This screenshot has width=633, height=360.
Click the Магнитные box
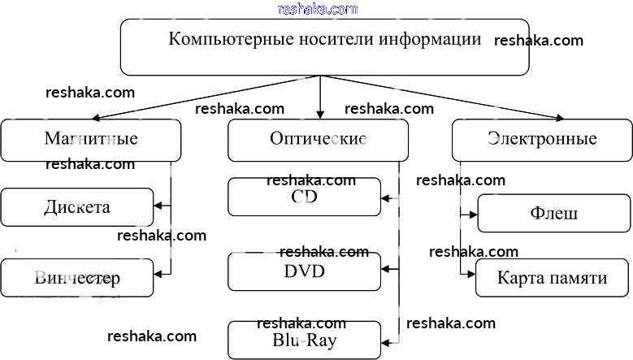click(90, 139)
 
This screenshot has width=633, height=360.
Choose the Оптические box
click(317, 139)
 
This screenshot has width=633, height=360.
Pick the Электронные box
click(542, 139)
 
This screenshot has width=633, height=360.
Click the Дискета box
click(76, 207)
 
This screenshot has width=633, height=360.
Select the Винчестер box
click(76, 278)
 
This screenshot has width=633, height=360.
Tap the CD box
click(304, 197)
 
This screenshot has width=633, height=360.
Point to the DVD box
click(304, 271)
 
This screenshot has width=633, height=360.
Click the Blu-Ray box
click(304, 340)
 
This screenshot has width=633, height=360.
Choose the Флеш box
click(553, 214)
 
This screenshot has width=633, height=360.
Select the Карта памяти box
click(553, 278)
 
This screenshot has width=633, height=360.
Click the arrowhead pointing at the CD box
click(386, 197)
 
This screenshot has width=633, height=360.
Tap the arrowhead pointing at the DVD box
click(386, 268)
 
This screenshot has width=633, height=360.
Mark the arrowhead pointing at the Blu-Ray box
click(386, 339)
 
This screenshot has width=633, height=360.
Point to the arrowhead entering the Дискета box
click(158, 205)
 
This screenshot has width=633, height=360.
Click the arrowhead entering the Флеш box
click(473, 215)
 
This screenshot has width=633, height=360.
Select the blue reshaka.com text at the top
click(317, 9)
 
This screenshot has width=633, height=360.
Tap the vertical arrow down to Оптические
click(321, 98)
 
